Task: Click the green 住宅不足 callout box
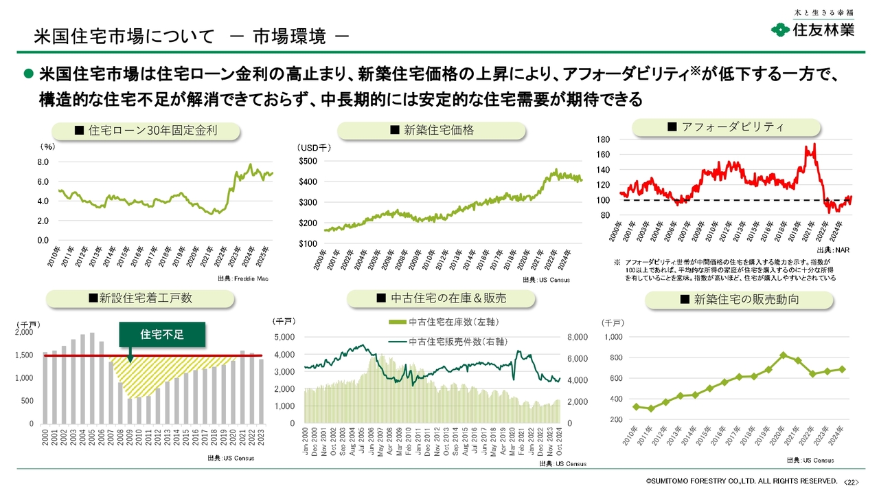click(162, 334)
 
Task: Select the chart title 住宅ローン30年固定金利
click(146, 131)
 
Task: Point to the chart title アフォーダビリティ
click(726, 127)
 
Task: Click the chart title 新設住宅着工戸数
click(140, 298)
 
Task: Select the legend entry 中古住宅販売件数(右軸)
click(444, 342)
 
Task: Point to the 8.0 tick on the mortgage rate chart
click(43, 162)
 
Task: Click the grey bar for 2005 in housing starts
click(92, 378)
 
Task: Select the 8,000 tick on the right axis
click(577, 338)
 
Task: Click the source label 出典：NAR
click(832, 251)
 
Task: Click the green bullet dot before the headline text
click(29, 73)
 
